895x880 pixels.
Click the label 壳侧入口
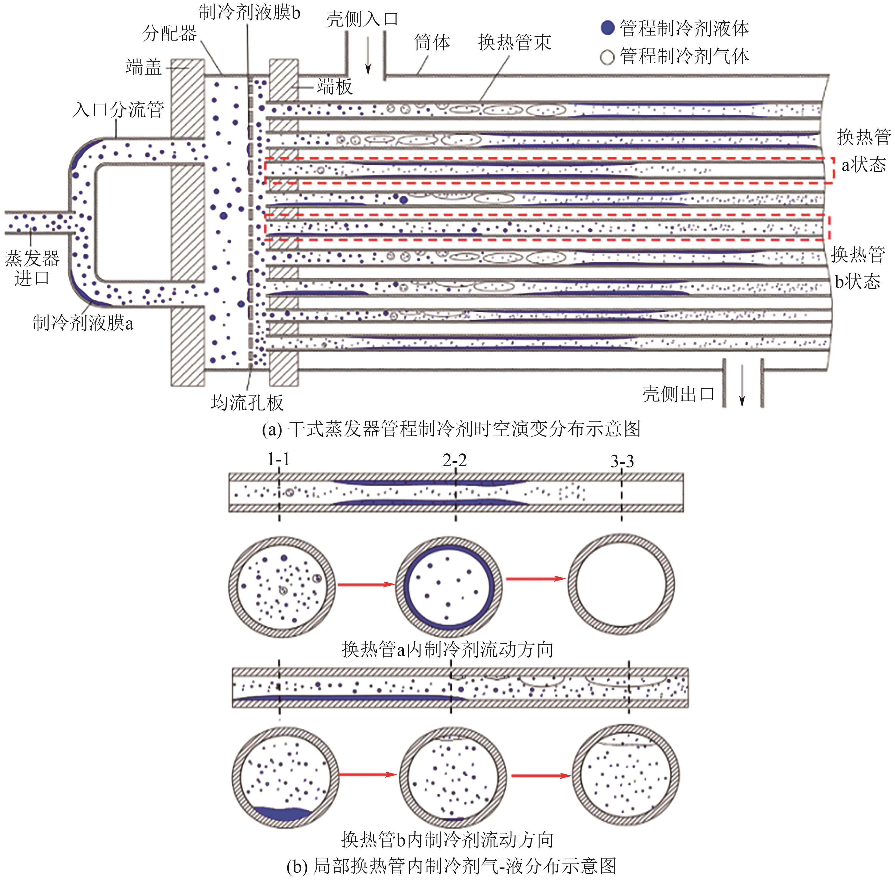tap(362, 19)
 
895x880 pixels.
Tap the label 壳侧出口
tap(678, 394)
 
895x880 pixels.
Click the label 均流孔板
tap(247, 403)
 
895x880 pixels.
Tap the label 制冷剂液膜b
tap(250, 13)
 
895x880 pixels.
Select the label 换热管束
tap(514, 43)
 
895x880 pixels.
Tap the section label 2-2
tap(455, 460)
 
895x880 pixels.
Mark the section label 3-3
tap(622, 461)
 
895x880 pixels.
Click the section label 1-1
tap(279, 459)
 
